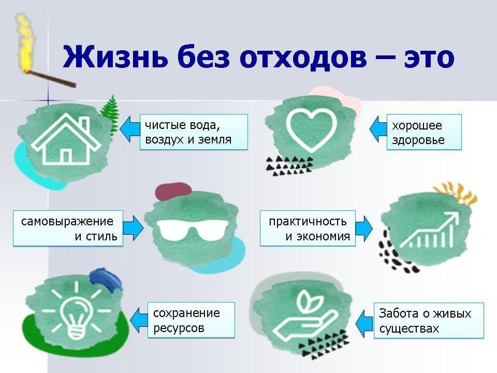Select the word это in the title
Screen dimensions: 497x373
click(x=429, y=58)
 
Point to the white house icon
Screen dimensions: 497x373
click(x=66, y=139)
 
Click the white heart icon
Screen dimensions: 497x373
click(x=311, y=130)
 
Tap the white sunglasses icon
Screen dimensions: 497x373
click(x=193, y=229)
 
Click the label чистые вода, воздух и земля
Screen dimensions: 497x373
click(x=194, y=132)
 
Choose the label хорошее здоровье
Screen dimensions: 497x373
click(x=424, y=132)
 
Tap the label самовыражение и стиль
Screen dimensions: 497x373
click(x=68, y=228)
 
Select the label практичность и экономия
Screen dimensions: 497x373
click(x=308, y=228)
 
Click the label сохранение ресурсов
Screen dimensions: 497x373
click(x=191, y=320)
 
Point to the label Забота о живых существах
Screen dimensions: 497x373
click(x=429, y=321)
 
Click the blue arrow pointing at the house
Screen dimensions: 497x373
click(x=130, y=129)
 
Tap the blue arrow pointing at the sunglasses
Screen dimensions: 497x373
click(x=133, y=228)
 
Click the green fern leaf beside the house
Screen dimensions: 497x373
click(x=109, y=113)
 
